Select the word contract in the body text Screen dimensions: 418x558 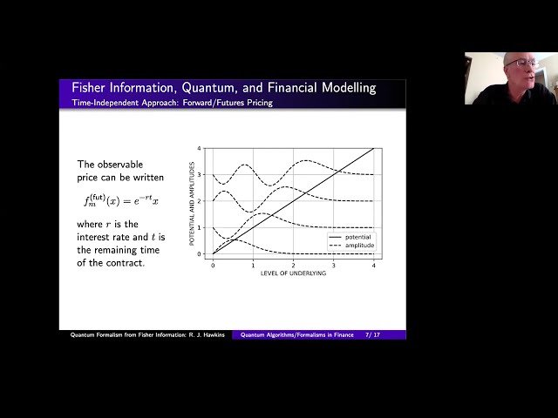point(120,263)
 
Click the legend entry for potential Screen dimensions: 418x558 point(357,237)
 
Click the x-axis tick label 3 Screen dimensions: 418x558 point(333,264)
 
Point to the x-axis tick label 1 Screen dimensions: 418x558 point(253,264)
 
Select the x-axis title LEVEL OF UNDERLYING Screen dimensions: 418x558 point(293,273)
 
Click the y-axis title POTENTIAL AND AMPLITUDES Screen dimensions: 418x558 point(193,201)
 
